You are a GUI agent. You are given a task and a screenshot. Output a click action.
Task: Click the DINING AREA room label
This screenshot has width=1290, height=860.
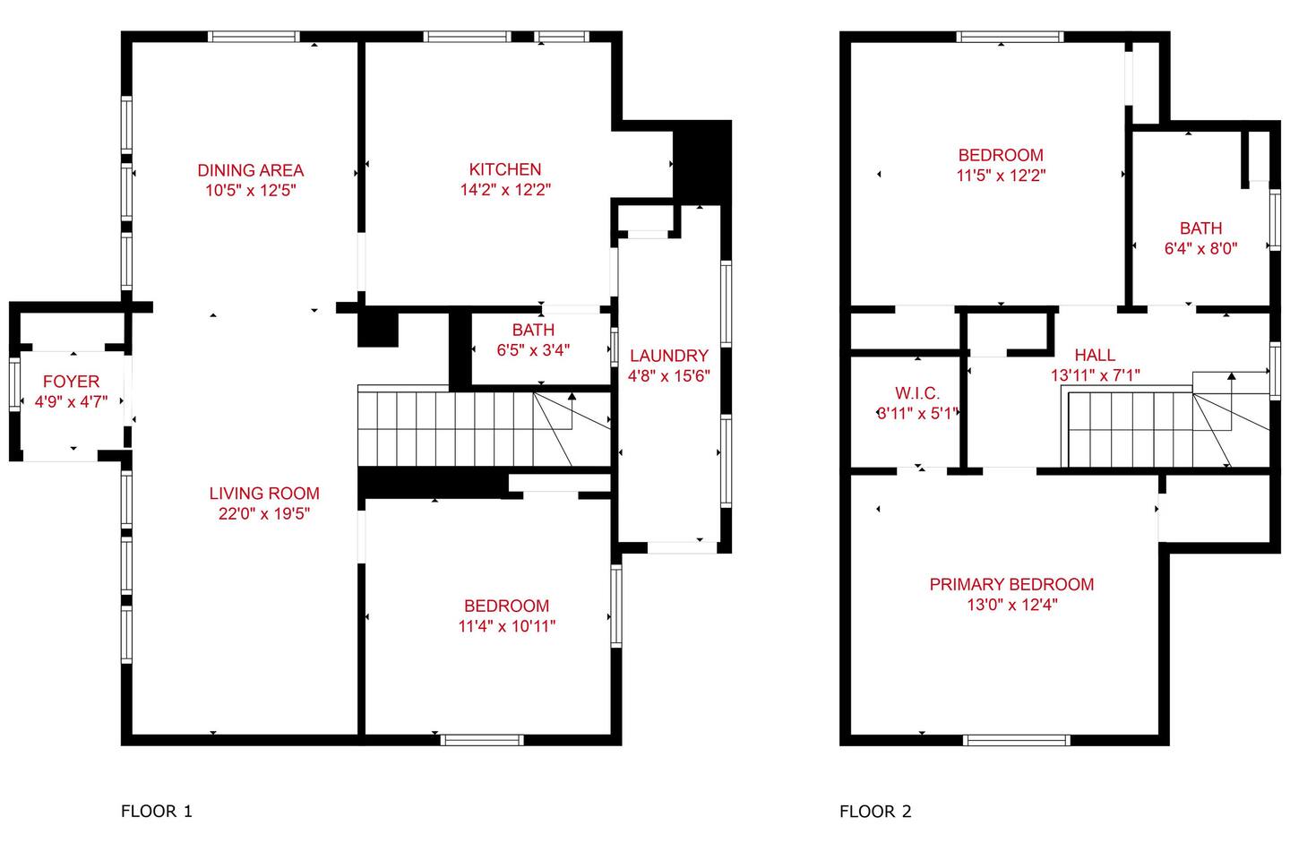[x=251, y=170]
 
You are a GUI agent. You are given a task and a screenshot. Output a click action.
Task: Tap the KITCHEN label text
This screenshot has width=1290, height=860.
[x=505, y=169]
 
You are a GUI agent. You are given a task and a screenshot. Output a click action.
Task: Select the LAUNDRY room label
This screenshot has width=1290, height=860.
[x=668, y=356]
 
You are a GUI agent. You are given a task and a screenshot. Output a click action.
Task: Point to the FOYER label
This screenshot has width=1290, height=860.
[x=72, y=382]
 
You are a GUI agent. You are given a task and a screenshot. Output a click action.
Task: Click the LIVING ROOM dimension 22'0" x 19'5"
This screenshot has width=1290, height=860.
[x=264, y=513]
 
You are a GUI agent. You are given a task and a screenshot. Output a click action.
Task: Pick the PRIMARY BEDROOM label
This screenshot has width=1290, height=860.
[x=1012, y=585]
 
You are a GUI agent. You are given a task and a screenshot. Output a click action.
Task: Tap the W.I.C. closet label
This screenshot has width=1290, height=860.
[x=917, y=393]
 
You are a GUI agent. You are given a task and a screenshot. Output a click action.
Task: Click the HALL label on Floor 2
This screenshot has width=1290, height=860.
[x=1095, y=355]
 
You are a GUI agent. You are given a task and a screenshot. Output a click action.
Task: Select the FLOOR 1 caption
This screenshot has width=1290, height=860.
[x=157, y=812]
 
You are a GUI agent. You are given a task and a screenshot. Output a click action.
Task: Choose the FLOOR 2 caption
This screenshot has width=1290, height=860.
[x=875, y=812]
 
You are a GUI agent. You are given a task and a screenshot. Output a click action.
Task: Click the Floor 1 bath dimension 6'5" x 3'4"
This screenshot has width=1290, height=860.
[x=533, y=350]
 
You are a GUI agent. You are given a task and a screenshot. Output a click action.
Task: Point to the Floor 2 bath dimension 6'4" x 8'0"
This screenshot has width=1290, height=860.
[x=1200, y=249]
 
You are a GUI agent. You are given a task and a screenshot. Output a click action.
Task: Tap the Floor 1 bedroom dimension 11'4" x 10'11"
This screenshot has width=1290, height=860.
[x=507, y=626]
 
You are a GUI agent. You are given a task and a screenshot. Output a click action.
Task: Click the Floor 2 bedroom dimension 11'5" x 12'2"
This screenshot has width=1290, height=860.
[x=1001, y=176]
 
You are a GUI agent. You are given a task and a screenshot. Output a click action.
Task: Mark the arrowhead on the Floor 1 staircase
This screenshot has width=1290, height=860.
[x=572, y=396]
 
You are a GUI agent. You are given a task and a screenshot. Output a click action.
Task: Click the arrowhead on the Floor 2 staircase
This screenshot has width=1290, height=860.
[x=1231, y=376]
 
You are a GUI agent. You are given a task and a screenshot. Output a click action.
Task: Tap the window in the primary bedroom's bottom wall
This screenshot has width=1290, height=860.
[x=1017, y=740]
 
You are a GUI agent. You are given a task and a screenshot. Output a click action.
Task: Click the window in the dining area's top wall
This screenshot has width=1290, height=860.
[x=254, y=37]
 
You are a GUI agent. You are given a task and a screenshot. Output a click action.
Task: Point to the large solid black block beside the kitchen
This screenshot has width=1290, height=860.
[x=702, y=160]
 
